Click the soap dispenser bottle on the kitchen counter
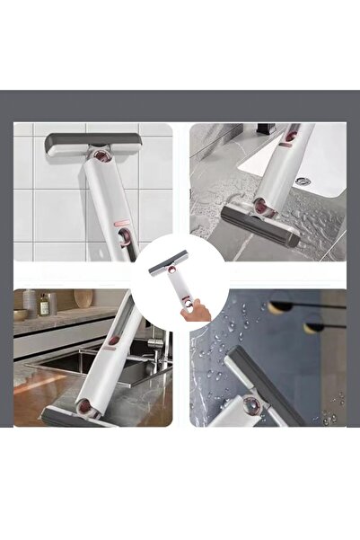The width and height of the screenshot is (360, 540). tap(43, 305)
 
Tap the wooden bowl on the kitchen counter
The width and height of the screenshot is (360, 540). tap(20, 315)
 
